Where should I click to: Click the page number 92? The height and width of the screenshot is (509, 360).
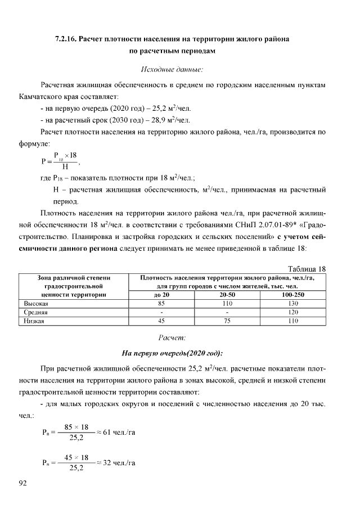[x=23, y=483]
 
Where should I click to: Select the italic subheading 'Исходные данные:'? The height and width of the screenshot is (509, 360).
[x=171, y=70]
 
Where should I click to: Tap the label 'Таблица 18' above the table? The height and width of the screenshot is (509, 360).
[x=307, y=269]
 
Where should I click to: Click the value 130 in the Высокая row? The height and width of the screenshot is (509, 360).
[x=294, y=303]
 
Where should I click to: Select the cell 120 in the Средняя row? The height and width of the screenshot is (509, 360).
[x=294, y=312]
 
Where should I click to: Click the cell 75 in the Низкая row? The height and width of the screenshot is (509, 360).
[x=227, y=321]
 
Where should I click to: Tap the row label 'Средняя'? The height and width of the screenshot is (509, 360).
[x=35, y=312]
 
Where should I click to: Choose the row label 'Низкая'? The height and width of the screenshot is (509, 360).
[x=33, y=321]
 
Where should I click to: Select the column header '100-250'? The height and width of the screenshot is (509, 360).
[x=294, y=294]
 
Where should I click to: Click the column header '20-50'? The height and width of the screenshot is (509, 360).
[x=227, y=294]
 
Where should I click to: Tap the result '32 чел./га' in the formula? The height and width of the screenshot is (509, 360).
[x=118, y=462]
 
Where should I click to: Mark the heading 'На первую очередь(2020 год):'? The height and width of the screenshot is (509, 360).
[x=172, y=353]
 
